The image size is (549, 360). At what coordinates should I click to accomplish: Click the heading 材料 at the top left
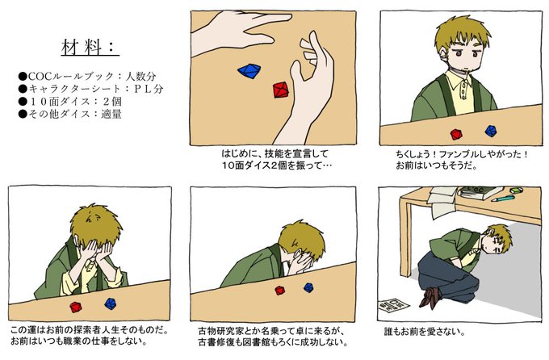pyautogui.click(x=90, y=47)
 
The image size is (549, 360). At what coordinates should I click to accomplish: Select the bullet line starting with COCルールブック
pyautogui.click(x=87, y=76)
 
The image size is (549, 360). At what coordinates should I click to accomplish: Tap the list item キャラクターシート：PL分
pyautogui.click(x=91, y=89)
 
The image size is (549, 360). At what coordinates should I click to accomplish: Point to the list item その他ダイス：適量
pyautogui.click(x=70, y=114)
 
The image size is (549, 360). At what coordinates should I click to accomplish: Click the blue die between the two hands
pyautogui.click(x=249, y=70)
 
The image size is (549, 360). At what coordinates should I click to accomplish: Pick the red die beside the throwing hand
pyautogui.click(x=281, y=90)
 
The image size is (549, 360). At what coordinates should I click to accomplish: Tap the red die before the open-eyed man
pyautogui.click(x=456, y=134)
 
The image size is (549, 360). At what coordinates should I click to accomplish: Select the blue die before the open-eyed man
pyautogui.click(x=491, y=131)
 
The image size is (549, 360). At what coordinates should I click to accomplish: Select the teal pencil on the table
pyautogui.click(x=503, y=199)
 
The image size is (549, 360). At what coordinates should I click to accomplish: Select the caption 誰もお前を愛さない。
pyautogui.click(x=425, y=331)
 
